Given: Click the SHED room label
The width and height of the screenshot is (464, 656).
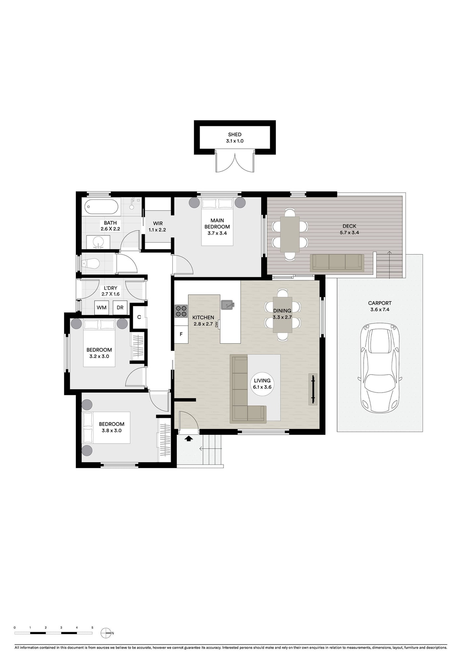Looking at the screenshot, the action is [235, 135].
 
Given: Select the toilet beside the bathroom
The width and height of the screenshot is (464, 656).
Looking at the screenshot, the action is [90, 263].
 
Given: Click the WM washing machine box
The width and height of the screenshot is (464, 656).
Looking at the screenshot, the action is [101, 307].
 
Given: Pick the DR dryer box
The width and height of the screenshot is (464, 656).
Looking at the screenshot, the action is [120, 307].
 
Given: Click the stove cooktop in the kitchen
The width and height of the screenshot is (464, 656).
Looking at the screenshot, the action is [181, 311].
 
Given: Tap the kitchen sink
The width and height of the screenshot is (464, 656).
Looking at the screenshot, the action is [227, 304].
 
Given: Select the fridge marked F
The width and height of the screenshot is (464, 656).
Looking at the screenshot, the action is [181, 334].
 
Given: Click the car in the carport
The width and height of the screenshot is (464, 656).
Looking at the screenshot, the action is [380, 368].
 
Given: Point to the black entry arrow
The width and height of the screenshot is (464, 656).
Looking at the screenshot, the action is [189, 439].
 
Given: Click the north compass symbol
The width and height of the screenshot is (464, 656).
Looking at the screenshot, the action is [106, 633].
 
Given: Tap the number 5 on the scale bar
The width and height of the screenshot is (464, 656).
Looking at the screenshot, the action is [92, 628].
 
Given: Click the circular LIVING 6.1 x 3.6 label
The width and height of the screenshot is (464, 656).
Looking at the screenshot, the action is [262, 384].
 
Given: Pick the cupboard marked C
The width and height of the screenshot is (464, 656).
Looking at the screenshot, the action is [139, 317].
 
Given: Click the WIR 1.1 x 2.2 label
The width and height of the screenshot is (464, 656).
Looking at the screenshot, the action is [157, 227].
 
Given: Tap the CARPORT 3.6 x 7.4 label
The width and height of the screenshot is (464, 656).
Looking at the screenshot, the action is [380, 306].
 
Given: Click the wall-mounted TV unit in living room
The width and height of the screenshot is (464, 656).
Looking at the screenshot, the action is [313, 389].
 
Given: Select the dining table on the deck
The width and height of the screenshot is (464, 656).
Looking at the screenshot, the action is [290, 234].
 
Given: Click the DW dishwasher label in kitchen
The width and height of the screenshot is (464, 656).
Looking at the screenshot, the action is [217, 324].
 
